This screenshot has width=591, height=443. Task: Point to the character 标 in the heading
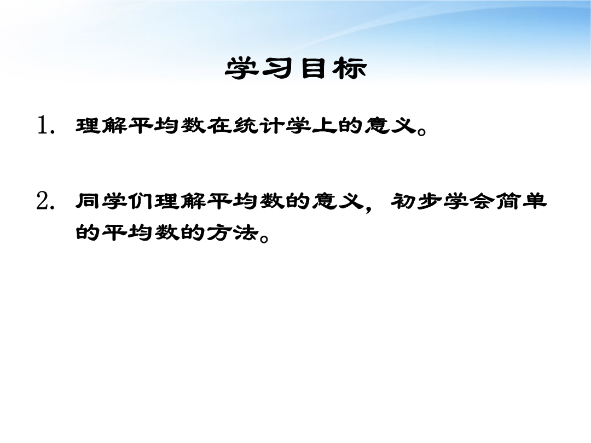tap(349, 68)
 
